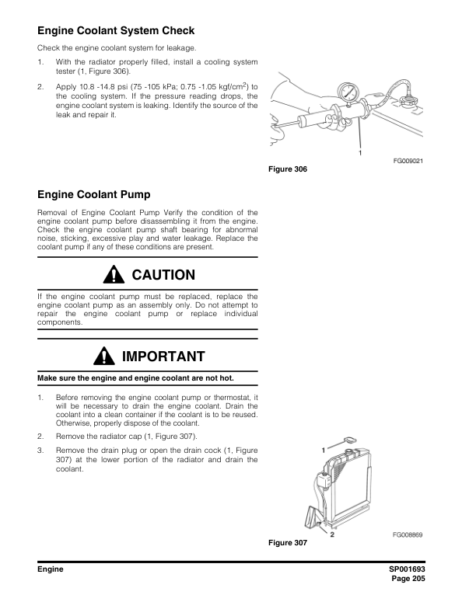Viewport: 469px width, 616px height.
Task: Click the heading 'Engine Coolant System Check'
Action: (x=116, y=32)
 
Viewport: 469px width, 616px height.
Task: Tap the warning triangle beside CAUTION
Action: (x=116, y=275)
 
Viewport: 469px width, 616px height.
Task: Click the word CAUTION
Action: (x=163, y=276)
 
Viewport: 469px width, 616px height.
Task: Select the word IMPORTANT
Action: (x=163, y=357)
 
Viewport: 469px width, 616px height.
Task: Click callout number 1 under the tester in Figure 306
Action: (x=360, y=152)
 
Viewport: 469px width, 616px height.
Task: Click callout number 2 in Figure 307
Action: (x=333, y=534)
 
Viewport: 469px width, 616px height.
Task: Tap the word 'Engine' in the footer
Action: (x=51, y=569)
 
